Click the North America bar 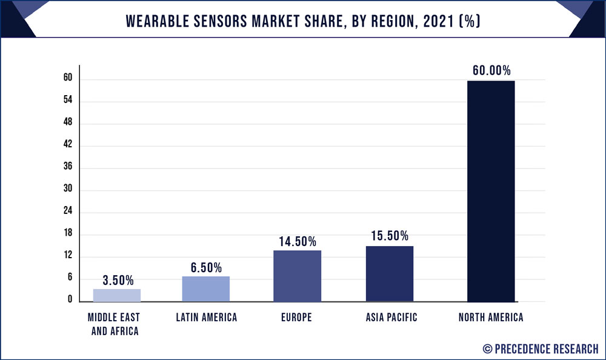(491, 191)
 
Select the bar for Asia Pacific (390, 273)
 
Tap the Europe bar (297, 276)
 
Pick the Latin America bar (206, 288)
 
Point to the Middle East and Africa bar (117, 295)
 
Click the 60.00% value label (492, 70)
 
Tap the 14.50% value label (298, 241)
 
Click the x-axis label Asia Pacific (391, 317)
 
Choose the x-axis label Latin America (206, 317)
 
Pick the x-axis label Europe (297, 317)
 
